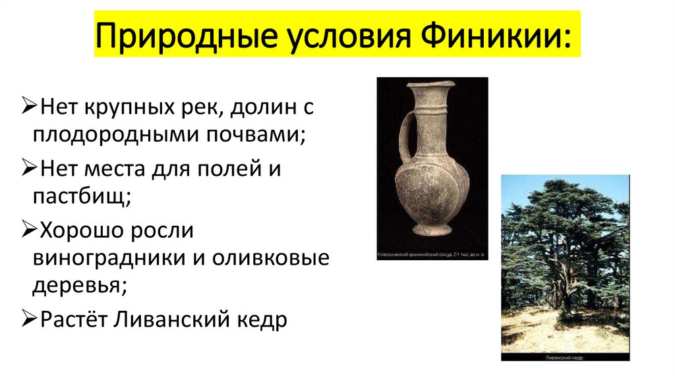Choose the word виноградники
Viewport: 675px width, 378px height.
coord(109,259)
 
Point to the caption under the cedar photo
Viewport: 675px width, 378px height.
coord(564,356)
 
